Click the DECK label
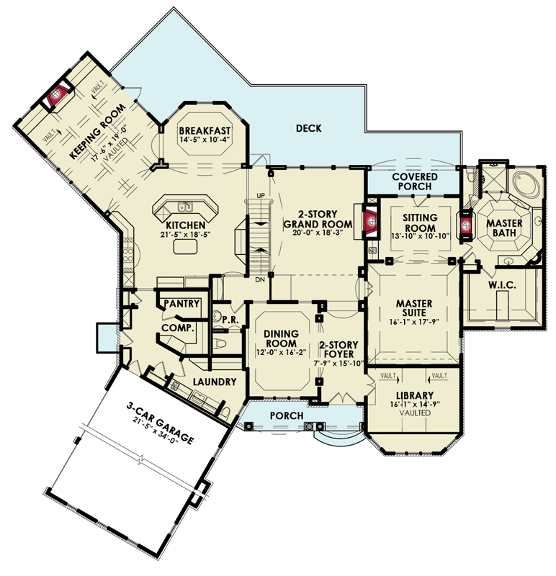coord(308,129)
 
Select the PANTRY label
coord(181,304)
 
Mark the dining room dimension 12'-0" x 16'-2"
coord(277,353)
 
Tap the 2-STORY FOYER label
coord(339,350)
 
